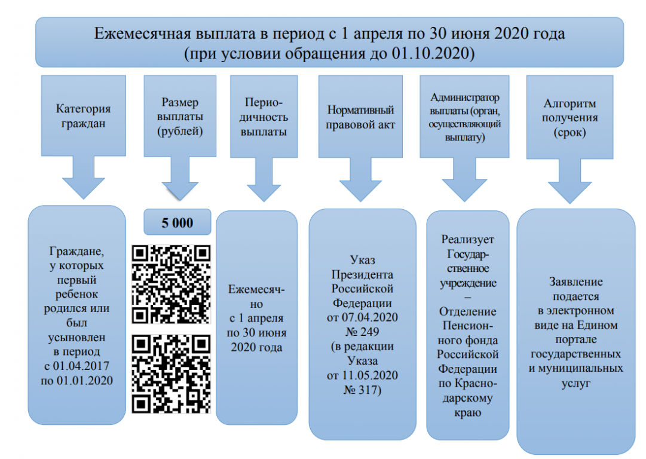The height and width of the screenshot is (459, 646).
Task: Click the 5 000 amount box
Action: (177, 223)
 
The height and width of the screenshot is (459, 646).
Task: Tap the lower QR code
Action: (172, 373)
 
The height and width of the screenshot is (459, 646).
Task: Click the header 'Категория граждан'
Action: (83, 117)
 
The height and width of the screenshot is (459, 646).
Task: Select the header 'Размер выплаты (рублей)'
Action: (179, 117)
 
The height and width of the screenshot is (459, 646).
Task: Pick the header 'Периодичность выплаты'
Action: (264, 117)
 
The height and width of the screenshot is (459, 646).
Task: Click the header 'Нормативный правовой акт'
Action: (360, 117)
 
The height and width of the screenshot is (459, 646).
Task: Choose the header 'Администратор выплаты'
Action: (464, 117)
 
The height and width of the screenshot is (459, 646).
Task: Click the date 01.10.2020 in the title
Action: (431, 53)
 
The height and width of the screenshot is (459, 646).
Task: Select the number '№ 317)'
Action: (362, 390)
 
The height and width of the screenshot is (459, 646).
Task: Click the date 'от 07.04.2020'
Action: (362, 316)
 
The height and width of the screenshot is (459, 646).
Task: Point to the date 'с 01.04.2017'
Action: (77, 366)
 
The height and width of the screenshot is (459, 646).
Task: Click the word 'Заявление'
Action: (576, 281)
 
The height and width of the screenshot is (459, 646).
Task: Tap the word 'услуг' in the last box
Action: (576, 383)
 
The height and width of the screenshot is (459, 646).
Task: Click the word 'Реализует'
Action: (468, 240)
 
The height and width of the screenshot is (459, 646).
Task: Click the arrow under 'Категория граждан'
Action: (83, 179)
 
